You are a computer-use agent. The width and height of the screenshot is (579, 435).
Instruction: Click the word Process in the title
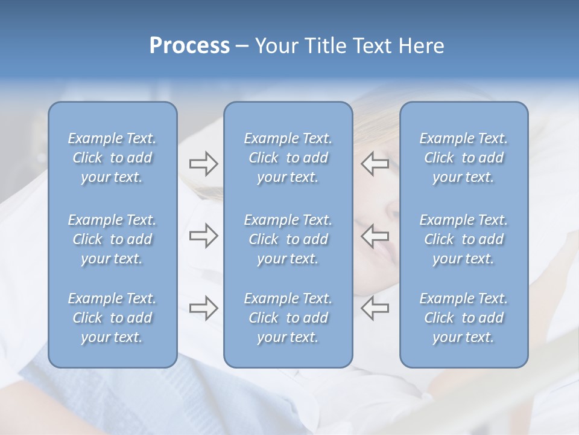[x=189, y=46]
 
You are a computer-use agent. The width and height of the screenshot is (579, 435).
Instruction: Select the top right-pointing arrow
[x=203, y=164]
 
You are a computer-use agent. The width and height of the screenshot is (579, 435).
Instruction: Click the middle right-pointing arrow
[x=203, y=236]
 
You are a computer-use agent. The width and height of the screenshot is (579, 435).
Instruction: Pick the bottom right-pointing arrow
[x=203, y=308]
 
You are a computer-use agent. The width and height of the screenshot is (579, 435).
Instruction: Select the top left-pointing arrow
[x=375, y=164]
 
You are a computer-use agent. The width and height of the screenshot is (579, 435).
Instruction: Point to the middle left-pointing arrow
[x=375, y=236]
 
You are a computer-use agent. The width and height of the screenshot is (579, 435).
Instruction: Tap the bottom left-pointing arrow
[x=375, y=308]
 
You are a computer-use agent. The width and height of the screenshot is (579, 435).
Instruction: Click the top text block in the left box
[x=112, y=158]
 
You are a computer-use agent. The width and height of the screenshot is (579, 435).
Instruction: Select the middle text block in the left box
[x=112, y=239]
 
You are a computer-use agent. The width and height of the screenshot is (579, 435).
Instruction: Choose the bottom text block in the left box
[x=112, y=318]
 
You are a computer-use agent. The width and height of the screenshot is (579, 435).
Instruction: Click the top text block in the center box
[x=288, y=158]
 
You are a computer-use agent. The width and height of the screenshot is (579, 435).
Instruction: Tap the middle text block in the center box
[x=288, y=239]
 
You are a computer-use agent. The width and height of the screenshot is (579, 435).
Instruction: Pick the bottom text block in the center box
[x=288, y=318]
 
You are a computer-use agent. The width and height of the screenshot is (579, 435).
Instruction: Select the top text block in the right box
[x=464, y=158]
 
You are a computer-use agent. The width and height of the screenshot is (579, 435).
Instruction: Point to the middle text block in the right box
[x=464, y=239]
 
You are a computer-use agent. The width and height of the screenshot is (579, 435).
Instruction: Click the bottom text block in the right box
[x=464, y=318]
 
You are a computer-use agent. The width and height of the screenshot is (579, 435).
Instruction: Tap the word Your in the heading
[x=274, y=46]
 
